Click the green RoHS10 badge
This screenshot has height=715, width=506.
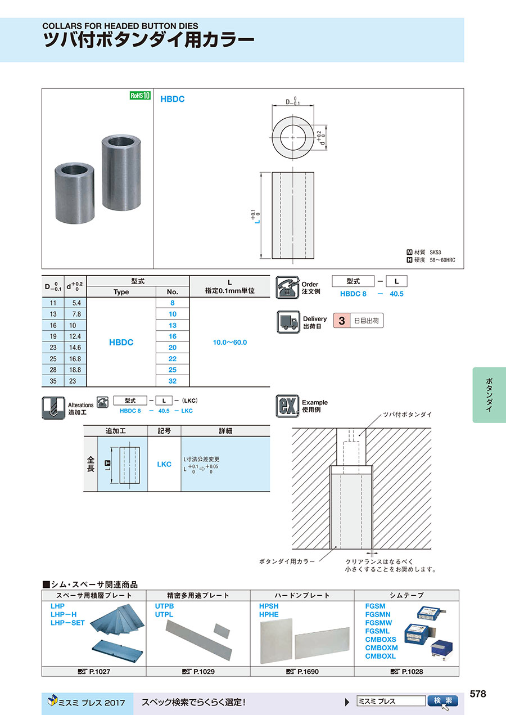click(140, 96)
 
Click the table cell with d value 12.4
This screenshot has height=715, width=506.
click(74, 336)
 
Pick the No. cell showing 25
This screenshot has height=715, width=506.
click(173, 370)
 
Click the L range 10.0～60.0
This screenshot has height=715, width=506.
click(229, 342)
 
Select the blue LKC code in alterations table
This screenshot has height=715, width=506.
click(164, 464)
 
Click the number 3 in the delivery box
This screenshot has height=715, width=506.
click(341, 321)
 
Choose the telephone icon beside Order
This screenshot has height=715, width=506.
click(287, 287)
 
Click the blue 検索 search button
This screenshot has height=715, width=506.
click(443, 701)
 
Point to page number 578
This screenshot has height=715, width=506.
click(477, 694)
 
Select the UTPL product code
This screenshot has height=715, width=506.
click(164, 615)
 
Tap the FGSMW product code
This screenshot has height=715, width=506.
click(378, 623)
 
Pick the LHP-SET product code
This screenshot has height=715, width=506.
click(67, 623)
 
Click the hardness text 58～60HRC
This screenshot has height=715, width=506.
click(442, 260)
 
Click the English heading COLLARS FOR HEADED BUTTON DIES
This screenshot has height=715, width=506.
click(121, 26)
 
